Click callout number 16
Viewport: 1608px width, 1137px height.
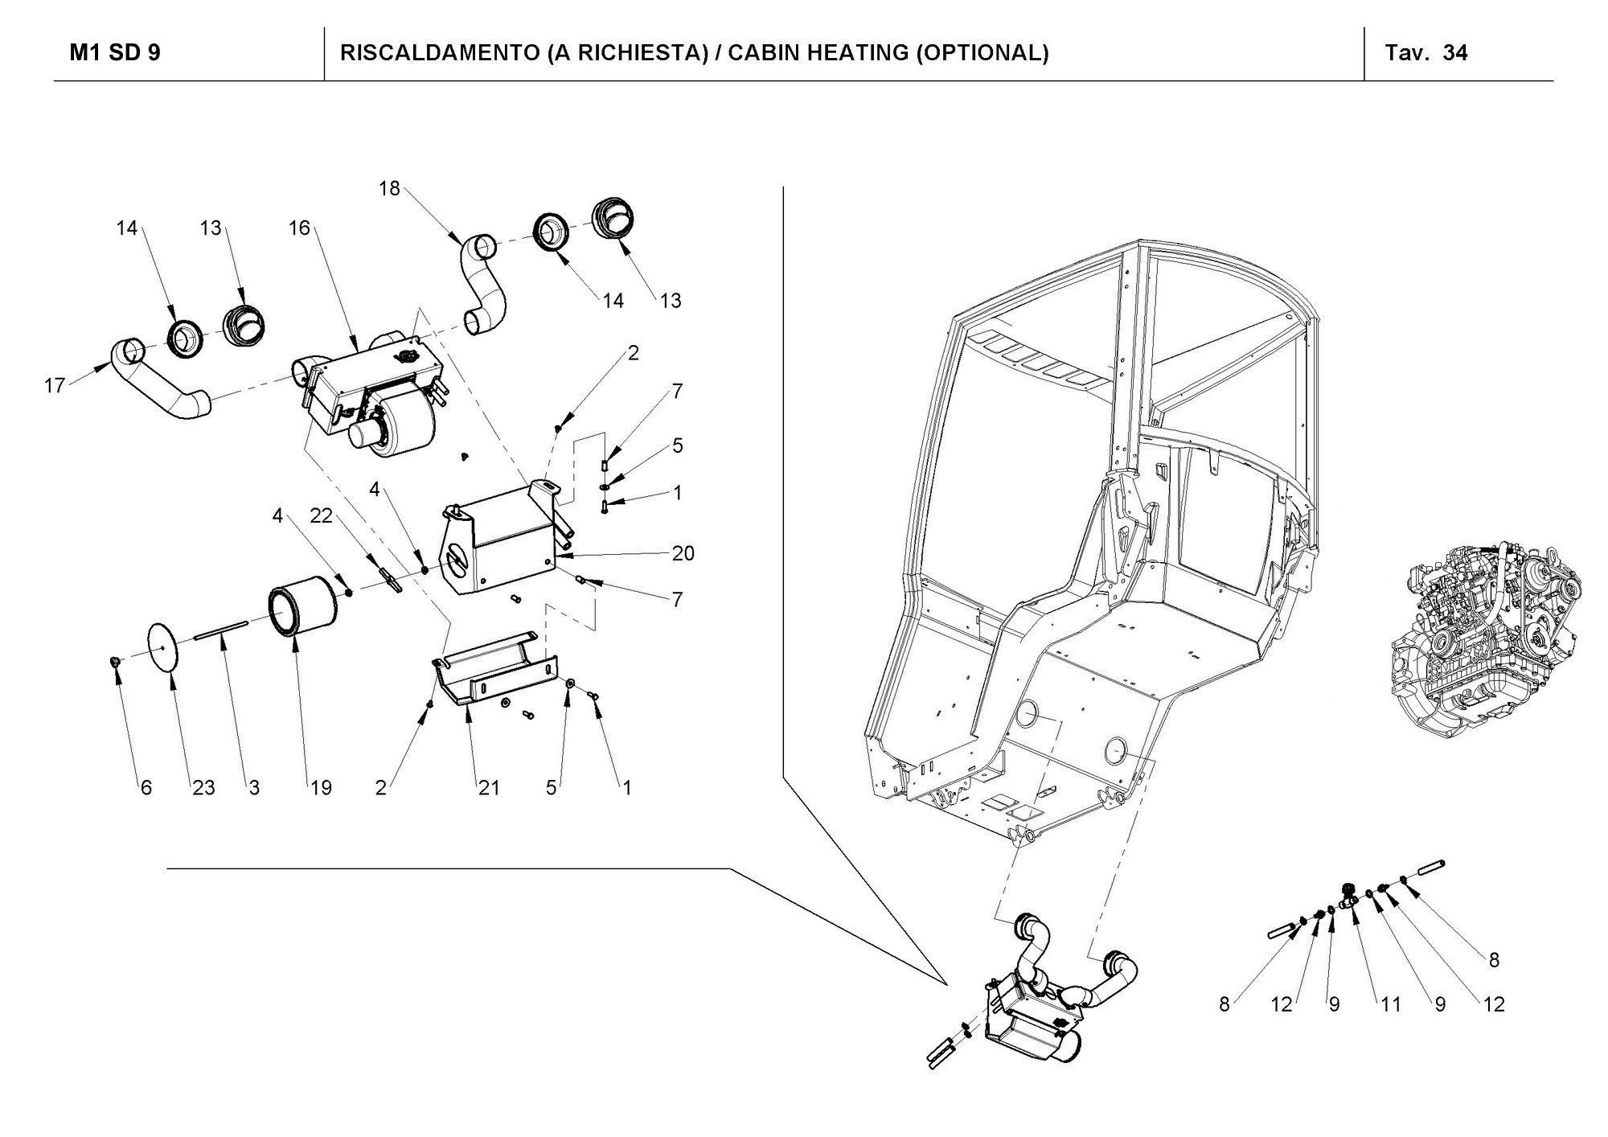click(x=299, y=228)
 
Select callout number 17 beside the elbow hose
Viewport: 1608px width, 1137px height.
click(x=54, y=386)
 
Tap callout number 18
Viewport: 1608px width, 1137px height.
click(x=389, y=188)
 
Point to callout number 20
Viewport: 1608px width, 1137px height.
click(x=683, y=553)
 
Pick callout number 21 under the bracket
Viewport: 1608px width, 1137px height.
click(x=489, y=788)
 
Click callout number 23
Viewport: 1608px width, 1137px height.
click(x=203, y=788)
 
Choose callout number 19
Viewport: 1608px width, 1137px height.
click(x=321, y=788)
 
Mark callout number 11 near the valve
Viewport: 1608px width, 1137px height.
click(x=1391, y=1004)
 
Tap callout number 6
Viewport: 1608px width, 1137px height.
click(x=146, y=788)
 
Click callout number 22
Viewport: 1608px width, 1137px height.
click(x=321, y=515)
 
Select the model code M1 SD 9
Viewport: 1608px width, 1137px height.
click(x=115, y=53)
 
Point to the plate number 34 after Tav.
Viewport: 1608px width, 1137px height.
click(x=1455, y=53)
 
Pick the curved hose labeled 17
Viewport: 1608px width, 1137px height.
click(x=161, y=383)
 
